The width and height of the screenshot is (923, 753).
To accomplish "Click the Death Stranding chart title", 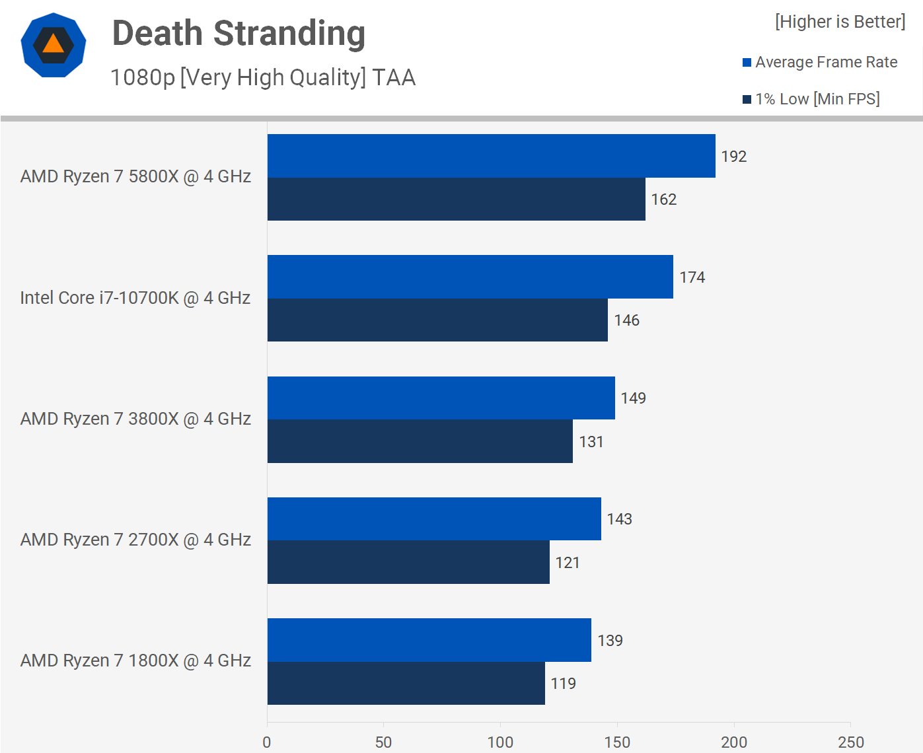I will point(239,34).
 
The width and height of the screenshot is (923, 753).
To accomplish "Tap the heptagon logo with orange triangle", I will point(54,45).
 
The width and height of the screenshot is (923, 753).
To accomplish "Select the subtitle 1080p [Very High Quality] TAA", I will point(263,77).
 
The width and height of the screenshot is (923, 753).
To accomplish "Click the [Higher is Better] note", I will point(840,22).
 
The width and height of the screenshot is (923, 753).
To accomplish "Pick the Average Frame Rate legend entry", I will point(819,62).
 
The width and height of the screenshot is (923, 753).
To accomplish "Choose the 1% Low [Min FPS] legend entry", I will point(811,99).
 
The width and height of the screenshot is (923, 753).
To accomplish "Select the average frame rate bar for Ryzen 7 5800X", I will point(491,156).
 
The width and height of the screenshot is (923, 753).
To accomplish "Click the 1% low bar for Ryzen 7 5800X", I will point(456,199).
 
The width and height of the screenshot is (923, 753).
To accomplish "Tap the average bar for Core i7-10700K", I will point(470,277).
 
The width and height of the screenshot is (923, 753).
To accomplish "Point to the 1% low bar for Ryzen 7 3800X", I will point(420,441).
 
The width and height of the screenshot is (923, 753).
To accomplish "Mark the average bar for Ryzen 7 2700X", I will point(434,519).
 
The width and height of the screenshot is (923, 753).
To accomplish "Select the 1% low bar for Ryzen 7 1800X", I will point(406,683).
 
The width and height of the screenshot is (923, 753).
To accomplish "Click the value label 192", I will point(733,157).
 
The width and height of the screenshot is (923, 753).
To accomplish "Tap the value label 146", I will point(626,320).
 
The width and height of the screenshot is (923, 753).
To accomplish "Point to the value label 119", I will point(563,684).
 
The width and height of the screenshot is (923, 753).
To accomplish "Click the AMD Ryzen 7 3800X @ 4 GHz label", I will point(135,419).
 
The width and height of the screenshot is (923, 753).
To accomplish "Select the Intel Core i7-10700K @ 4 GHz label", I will point(135,298).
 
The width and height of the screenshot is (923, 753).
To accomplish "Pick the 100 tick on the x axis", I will point(500,742).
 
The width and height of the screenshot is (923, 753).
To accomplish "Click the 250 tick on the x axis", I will point(850,742).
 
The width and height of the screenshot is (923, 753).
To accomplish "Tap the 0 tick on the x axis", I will point(267,742).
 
